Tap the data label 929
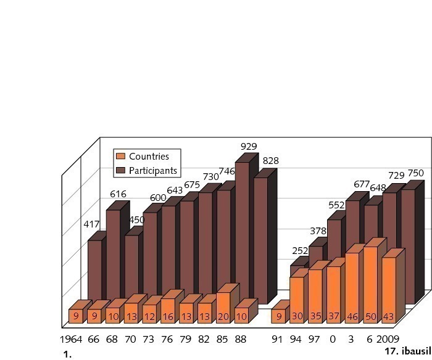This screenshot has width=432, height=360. point(249,147)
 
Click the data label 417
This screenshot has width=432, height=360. point(91,224)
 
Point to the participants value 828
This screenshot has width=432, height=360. point(270,161)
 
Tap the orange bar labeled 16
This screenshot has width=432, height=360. point(168,310)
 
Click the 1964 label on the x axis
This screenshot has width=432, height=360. point(72,340)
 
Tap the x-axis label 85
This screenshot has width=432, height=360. point(223,340)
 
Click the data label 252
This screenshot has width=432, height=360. point(300,250)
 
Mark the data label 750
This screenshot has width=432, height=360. point(415,173)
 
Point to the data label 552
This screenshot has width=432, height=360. point(336,205)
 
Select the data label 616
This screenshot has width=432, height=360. point(118,194)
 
